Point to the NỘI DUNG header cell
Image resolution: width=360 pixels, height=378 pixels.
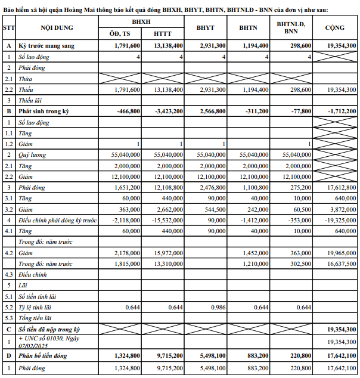click(x=58, y=28)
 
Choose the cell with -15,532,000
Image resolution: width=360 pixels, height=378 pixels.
click(x=168, y=220)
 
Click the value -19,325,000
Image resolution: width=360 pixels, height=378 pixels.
click(x=341, y=220)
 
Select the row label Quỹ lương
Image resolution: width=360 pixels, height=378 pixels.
click(x=34, y=154)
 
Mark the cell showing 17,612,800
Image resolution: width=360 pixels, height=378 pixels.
click(x=341, y=187)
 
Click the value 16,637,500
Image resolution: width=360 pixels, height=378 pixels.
click(x=341, y=264)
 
